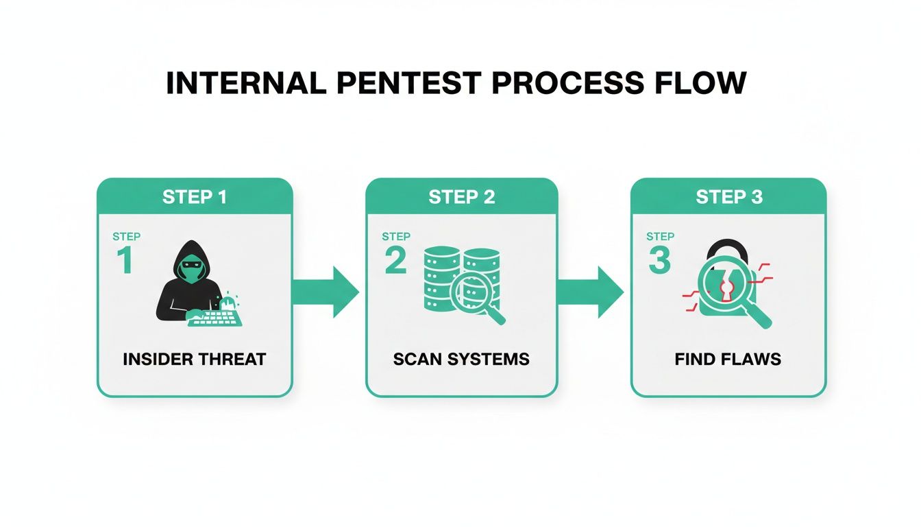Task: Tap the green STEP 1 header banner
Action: (195, 197)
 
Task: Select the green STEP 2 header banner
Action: (461, 197)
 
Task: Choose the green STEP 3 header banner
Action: (728, 197)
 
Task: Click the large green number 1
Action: (124, 261)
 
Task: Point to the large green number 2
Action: (395, 261)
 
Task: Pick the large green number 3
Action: (659, 261)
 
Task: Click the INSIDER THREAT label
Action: (195, 359)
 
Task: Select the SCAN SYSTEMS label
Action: (461, 359)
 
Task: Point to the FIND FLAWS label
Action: (728, 359)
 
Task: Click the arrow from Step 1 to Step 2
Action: (328, 292)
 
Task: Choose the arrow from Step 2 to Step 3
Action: (593, 292)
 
